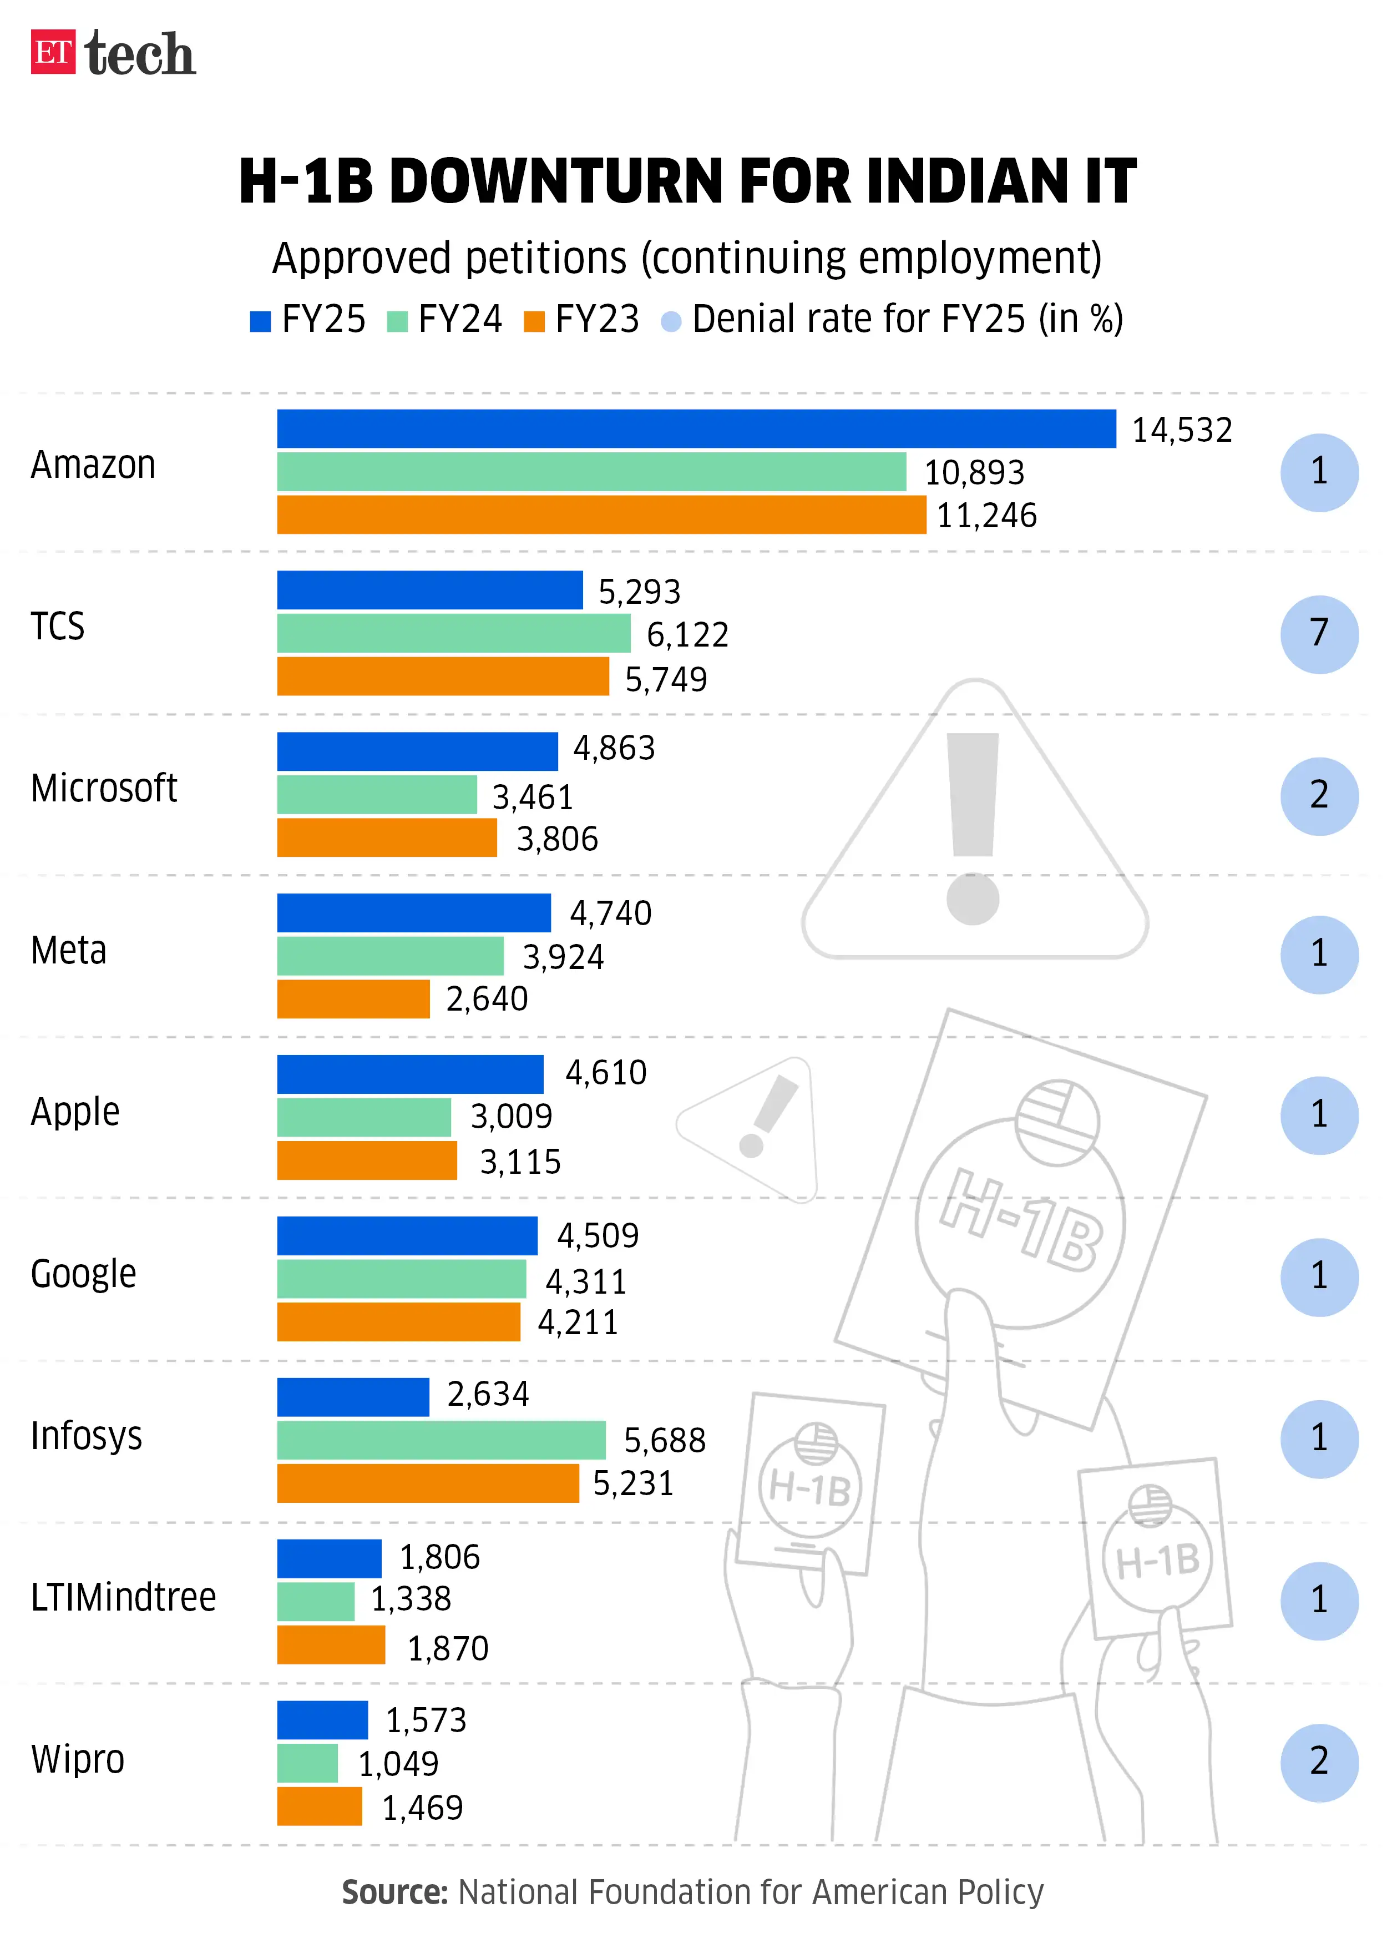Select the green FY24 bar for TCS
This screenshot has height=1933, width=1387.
coord(453,633)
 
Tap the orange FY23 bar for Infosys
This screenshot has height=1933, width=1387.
coord(428,1483)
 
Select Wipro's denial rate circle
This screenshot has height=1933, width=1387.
coord(1318,1762)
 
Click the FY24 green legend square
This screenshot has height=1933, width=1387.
coord(397,321)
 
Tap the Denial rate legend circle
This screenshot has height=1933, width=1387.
coord(671,321)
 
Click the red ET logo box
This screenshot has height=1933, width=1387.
coord(53,52)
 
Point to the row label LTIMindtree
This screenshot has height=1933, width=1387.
coord(124,1597)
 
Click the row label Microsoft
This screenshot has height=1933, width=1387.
coord(104,789)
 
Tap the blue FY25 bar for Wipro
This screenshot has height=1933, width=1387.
coord(322,1720)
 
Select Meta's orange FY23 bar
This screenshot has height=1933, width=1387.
coord(353,999)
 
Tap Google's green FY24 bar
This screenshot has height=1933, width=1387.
coord(401,1279)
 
